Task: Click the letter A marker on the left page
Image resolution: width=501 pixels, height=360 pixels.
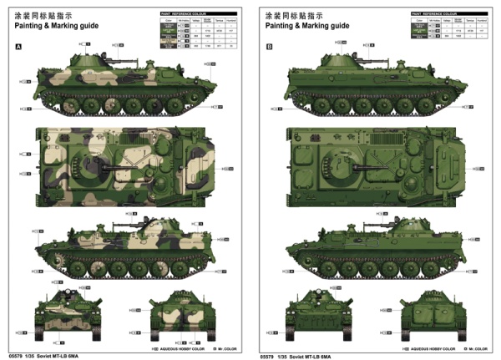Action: click(x=18, y=47)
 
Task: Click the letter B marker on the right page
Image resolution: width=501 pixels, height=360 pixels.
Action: click(x=269, y=47)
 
